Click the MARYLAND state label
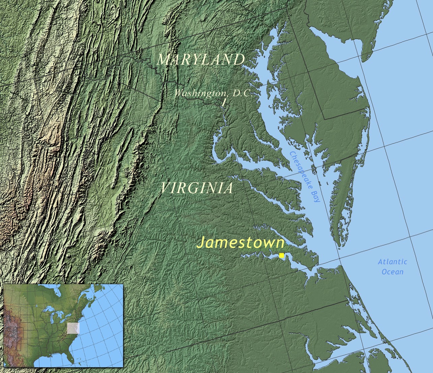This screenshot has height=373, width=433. (201, 60)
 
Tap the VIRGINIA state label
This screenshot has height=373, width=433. (197, 188)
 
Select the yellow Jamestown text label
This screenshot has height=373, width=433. (240, 243)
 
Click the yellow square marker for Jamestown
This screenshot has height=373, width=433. (282, 255)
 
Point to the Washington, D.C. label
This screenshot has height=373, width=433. (213, 93)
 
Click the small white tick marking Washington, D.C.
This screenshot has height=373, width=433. (224, 102)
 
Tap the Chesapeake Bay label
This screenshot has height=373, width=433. (305, 176)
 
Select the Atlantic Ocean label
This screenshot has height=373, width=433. (392, 267)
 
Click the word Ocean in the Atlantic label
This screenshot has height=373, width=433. (392, 272)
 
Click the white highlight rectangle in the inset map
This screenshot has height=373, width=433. (73, 328)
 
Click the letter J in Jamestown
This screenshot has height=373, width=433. (202, 243)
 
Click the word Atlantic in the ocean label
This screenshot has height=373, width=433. (392, 262)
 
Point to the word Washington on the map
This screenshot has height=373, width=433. (200, 93)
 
